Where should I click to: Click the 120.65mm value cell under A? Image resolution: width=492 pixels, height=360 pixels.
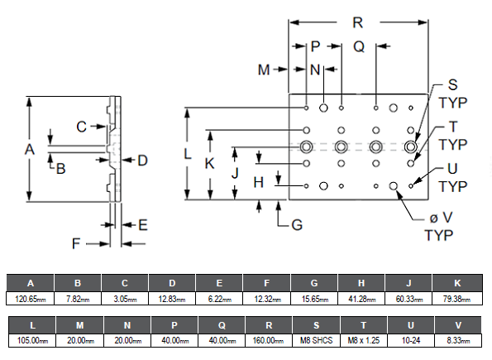(31, 299)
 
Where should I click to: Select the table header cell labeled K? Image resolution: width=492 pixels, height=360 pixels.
(457, 283)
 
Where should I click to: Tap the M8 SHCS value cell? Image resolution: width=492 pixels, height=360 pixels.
(316, 340)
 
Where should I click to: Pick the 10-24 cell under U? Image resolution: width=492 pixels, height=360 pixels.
(411, 340)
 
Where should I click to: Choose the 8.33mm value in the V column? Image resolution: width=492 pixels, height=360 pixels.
(458, 340)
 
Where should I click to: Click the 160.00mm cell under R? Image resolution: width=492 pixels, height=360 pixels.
(269, 340)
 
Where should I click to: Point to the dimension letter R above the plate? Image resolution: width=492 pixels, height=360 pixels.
(358, 22)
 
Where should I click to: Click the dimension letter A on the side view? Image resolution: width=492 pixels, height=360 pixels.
(30, 149)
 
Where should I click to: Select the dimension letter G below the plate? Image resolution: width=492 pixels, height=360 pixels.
(297, 225)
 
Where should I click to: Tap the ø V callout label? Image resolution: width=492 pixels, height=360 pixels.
(441, 218)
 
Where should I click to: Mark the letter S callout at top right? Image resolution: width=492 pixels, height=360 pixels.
(452, 84)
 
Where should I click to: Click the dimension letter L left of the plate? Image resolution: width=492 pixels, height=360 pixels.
(188, 154)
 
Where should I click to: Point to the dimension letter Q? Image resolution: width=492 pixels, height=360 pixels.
(359, 46)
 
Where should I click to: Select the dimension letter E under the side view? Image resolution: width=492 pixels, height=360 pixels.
(143, 225)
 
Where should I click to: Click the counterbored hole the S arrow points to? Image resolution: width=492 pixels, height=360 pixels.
(410, 146)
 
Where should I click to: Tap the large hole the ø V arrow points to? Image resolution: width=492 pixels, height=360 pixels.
(393, 186)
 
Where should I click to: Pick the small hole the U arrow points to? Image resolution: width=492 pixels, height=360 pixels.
(411, 186)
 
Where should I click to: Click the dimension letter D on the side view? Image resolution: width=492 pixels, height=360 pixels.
(143, 161)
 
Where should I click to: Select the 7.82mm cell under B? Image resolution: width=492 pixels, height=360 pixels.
(78, 299)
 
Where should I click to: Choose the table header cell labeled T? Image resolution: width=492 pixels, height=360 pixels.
(363, 325)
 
